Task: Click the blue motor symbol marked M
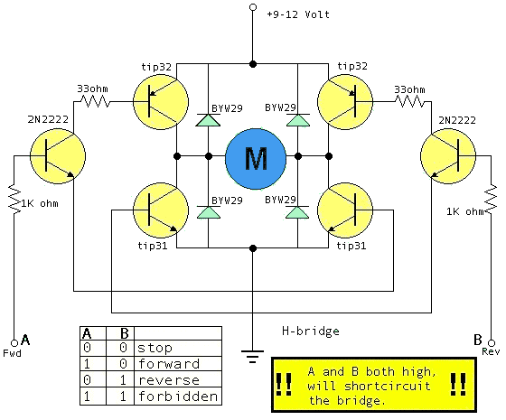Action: [x=256, y=159]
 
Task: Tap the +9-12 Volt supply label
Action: [x=298, y=14]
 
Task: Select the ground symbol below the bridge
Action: [x=253, y=357]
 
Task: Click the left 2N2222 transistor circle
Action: [x=58, y=156]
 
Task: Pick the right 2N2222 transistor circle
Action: [x=448, y=156]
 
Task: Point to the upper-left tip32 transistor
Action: [x=161, y=102]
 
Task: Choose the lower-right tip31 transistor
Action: [x=345, y=210]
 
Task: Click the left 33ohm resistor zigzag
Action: [x=95, y=102]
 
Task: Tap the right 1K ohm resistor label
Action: [x=465, y=211]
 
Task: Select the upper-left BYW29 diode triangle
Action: [x=208, y=120]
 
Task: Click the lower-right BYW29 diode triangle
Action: [x=297, y=212]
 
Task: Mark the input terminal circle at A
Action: [x=14, y=342]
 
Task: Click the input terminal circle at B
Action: [x=492, y=342]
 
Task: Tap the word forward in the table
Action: [x=169, y=364]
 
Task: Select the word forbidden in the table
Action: [x=178, y=397]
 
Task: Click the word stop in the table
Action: [x=155, y=348]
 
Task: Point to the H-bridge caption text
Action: [x=311, y=331]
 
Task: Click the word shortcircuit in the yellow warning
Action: [x=388, y=387]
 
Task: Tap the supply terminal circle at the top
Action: [x=253, y=7]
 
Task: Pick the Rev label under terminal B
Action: [x=491, y=351]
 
